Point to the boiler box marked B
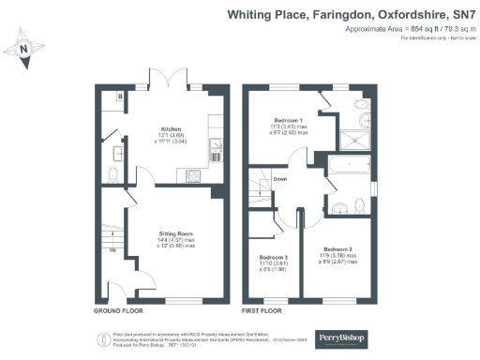coord(120,96)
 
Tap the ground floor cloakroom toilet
coord(112,174)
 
